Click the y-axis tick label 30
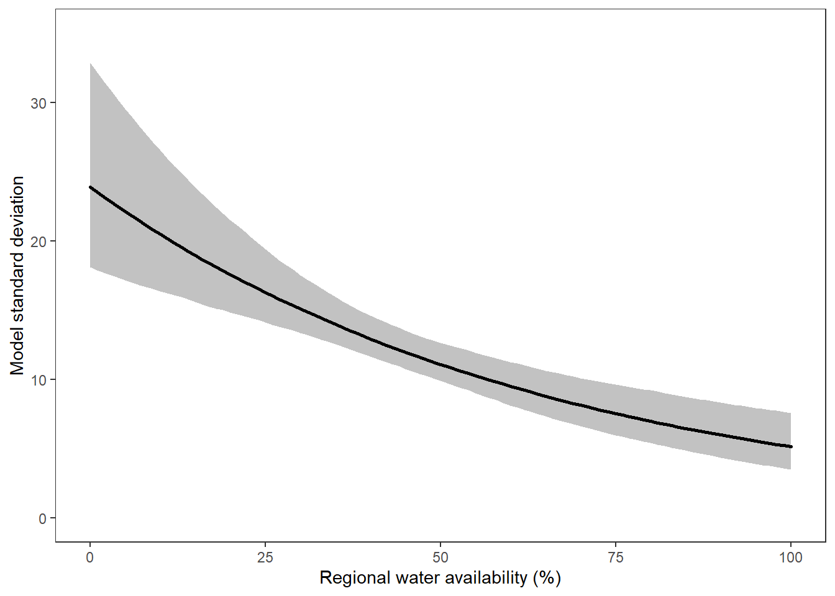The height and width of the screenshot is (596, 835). coord(39,103)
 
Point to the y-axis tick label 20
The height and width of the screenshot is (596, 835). coord(39,242)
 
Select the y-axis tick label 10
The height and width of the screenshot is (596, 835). coord(39,380)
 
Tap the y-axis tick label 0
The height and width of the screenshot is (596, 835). coord(42,518)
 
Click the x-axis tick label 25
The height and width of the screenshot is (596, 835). coord(265,558)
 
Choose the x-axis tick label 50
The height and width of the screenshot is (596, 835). coord(440,558)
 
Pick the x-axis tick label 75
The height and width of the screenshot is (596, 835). coord(616,558)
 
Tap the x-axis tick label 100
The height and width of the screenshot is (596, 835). coord(790,558)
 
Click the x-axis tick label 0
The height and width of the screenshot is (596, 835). coord(90,558)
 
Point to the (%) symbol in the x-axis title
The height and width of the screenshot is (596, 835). coord(547,579)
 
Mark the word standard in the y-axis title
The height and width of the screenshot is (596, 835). coord(17,282)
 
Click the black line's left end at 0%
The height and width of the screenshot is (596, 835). coord(91,187)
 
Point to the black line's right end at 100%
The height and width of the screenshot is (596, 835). coord(790,446)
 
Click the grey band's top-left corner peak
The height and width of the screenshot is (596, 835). coord(91,64)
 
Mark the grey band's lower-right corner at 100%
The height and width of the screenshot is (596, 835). coord(790,468)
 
